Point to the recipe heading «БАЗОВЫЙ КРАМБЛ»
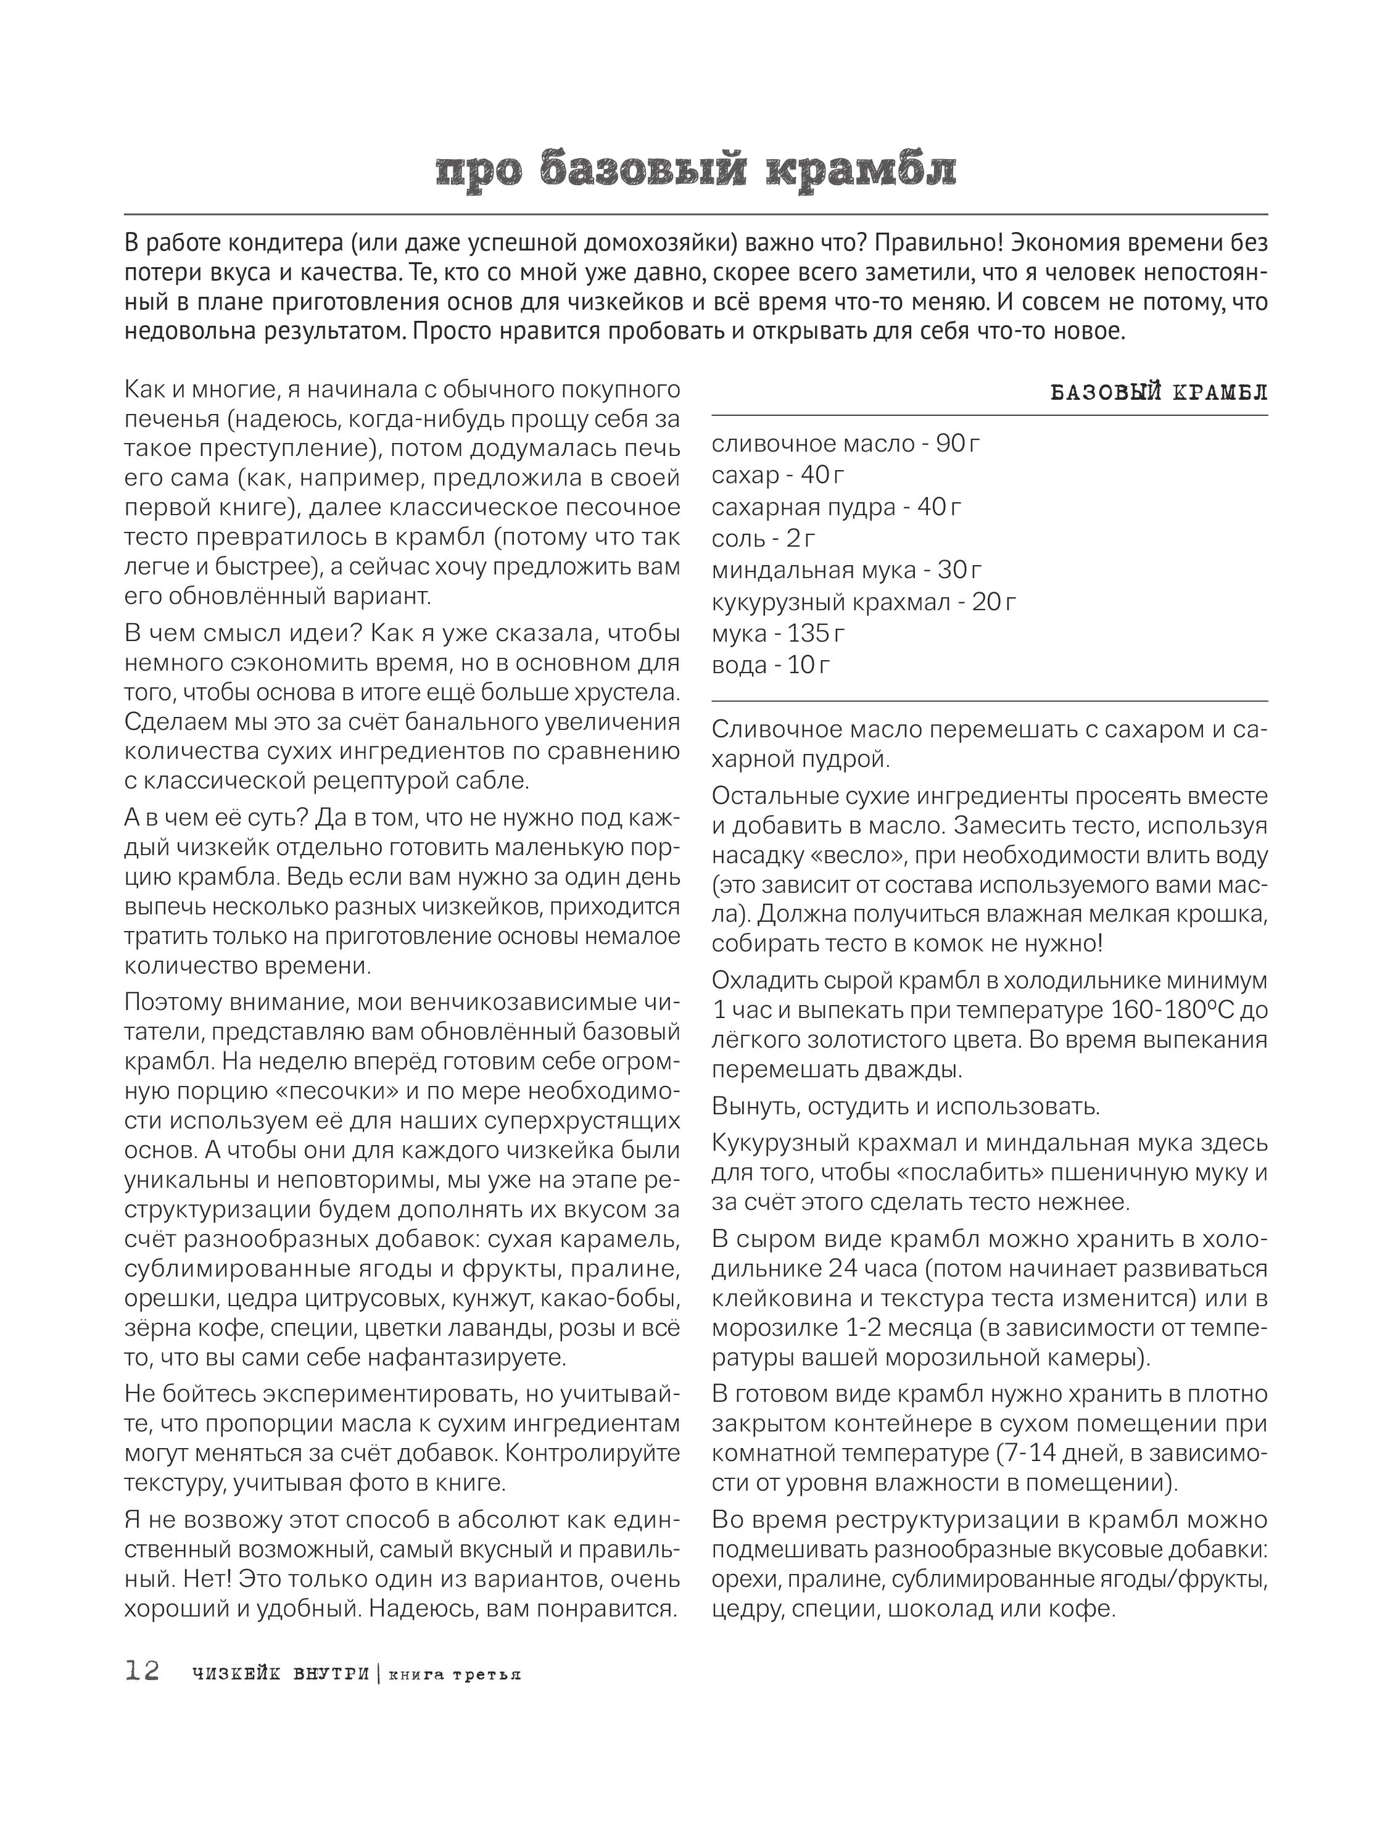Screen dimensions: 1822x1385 [x=1159, y=393]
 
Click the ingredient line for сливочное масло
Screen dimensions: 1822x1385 [x=846, y=444]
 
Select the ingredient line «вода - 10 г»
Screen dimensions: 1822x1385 [x=771, y=665]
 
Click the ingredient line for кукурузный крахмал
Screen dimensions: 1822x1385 [x=864, y=602]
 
